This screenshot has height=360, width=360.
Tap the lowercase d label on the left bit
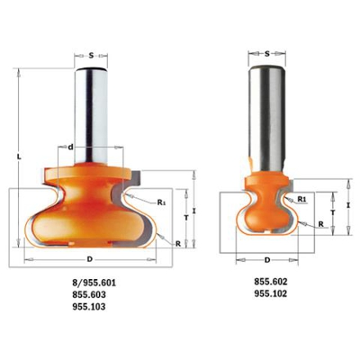pyautogui.click(x=69, y=145)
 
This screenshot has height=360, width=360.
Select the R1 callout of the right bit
pyautogui.click(x=302, y=196)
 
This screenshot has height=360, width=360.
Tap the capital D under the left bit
pyautogui.click(x=88, y=260)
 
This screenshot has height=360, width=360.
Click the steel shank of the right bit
pyautogui.click(x=266, y=108)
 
